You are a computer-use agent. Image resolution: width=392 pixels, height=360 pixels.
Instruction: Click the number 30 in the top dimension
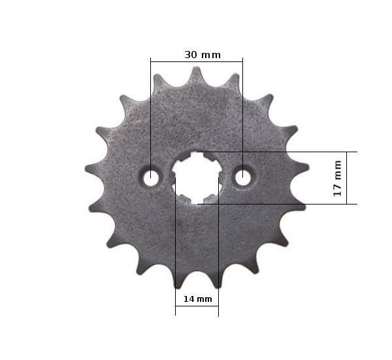[x=191, y=55]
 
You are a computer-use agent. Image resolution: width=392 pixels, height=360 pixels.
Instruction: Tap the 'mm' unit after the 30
[x=211, y=56]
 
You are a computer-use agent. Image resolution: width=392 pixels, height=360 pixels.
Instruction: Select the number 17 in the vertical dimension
[x=337, y=190]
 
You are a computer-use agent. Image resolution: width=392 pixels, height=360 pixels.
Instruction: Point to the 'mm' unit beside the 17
[x=338, y=170]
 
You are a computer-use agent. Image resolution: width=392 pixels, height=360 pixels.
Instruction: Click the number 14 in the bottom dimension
[x=189, y=299]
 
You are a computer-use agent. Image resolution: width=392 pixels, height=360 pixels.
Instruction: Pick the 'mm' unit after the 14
[x=204, y=299]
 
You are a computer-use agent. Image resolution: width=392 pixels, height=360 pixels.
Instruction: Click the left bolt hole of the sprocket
[x=150, y=178]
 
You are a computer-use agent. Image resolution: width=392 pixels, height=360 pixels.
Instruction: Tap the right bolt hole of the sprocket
[x=243, y=178]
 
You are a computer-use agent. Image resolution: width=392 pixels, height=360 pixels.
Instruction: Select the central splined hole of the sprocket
[x=197, y=178]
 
